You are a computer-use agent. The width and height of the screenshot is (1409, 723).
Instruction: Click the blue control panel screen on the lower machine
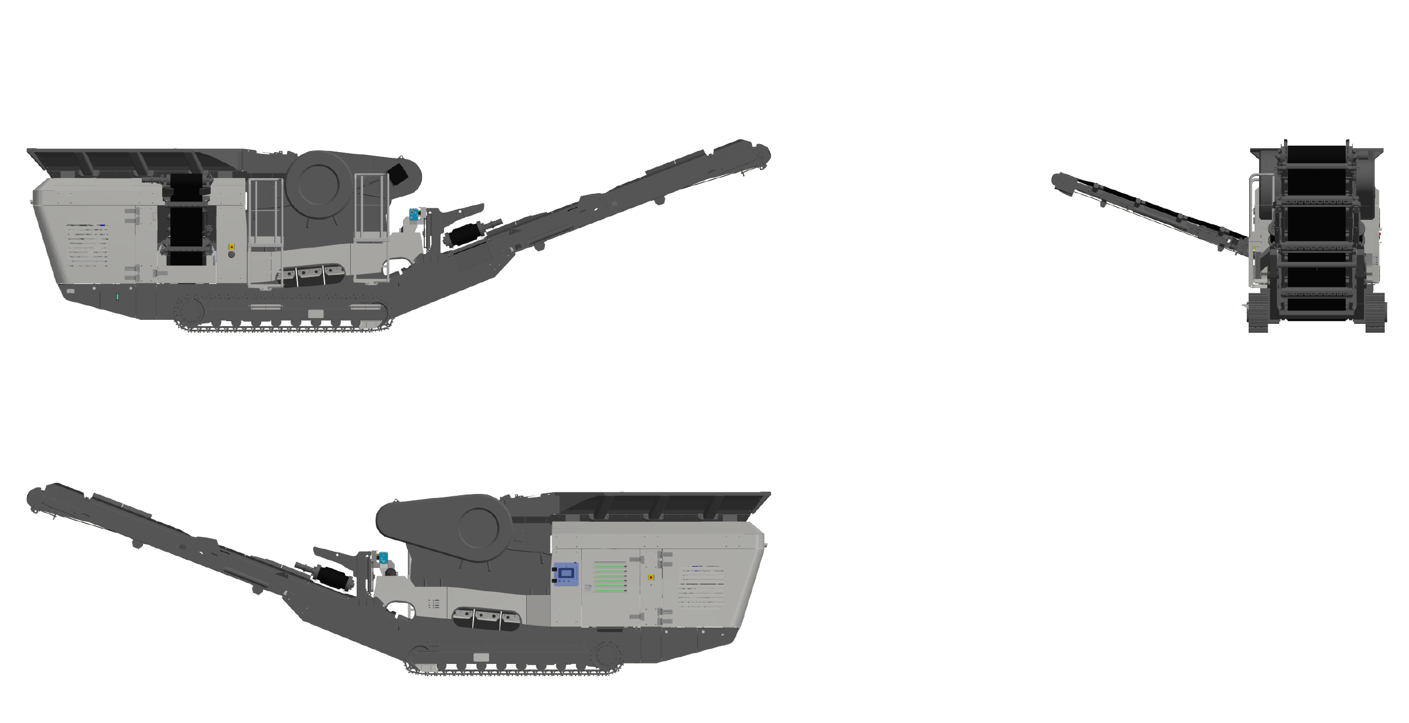[x=566, y=574]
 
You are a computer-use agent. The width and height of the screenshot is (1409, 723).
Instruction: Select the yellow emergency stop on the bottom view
[x=650, y=577]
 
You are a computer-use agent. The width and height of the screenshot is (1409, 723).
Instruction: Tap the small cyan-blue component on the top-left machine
[x=414, y=216]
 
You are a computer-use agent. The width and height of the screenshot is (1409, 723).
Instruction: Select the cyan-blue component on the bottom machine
[x=383, y=559]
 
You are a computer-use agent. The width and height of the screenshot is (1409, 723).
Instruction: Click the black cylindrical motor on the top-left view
[x=466, y=235]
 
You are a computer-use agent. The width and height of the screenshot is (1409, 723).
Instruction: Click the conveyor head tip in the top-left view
[x=763, y=153]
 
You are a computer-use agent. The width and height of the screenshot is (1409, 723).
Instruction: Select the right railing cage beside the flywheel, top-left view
[x=371, y=207]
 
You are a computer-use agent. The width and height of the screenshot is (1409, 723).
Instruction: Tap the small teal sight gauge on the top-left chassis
[x=118, y=298]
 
